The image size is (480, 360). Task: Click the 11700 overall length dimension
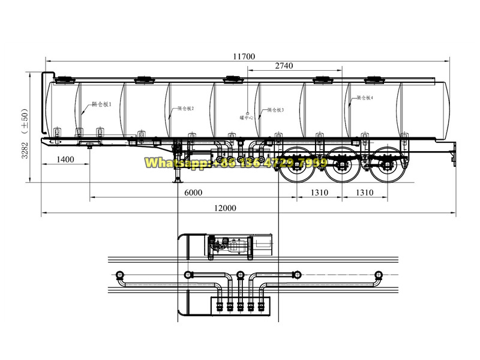tap(244, 56)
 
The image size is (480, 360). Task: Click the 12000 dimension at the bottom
tap(224, 208)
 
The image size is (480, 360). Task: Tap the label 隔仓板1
tap(101, 104)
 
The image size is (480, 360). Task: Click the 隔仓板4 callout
tap(365, 97)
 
